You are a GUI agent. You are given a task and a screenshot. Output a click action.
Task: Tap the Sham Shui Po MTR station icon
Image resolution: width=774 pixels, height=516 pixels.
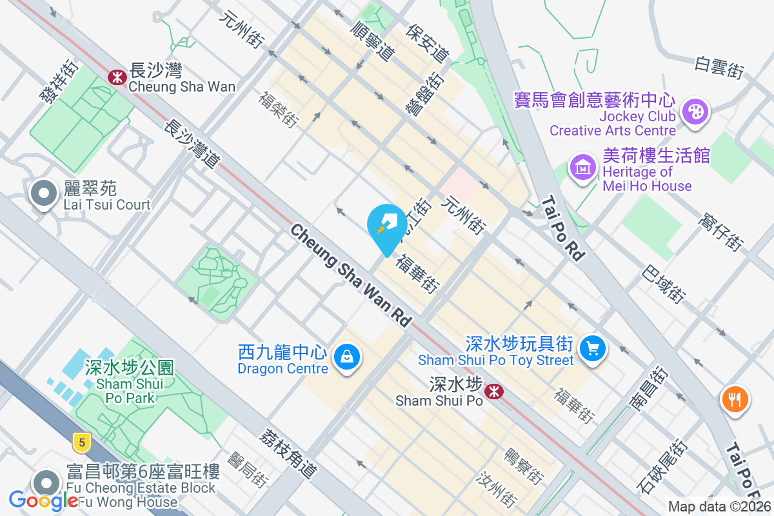[x=495, y=391]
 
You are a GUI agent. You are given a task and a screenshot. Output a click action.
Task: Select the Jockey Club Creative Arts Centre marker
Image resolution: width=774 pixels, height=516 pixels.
[x=695, y=110]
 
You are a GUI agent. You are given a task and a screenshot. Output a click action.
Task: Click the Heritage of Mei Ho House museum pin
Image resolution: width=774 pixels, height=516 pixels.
[x=582, y=168]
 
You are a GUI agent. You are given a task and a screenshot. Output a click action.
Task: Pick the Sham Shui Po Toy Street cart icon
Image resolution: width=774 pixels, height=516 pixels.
[x=591, y=349]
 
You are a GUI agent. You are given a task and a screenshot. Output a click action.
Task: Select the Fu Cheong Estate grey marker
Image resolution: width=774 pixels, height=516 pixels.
[x=46, y=482]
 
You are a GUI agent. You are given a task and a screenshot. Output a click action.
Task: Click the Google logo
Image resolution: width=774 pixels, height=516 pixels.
[x=43, y=500]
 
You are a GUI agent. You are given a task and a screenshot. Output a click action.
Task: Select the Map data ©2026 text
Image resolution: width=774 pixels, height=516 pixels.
[x=719, y=507]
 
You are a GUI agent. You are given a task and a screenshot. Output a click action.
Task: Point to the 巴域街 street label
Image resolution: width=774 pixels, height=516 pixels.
[x=662, y=284]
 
